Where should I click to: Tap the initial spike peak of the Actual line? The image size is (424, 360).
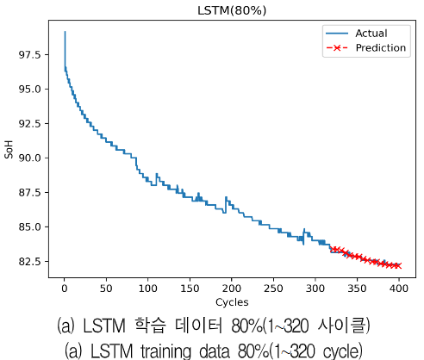[x=65, y=32]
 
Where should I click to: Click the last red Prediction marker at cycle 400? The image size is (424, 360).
[x=397, y=265]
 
